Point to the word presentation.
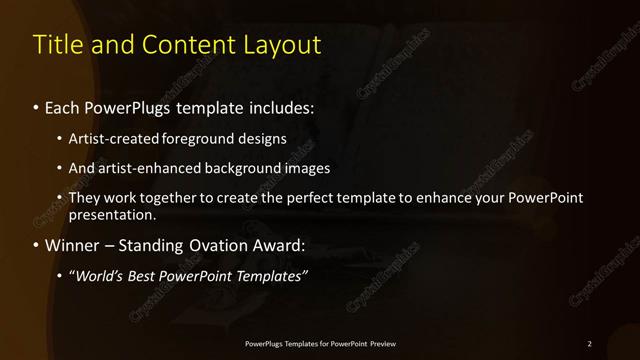[x=112, y=214]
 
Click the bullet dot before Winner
[x=37, y=245]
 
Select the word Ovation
[x=221, y=245]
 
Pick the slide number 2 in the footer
[x=589, y=344]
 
